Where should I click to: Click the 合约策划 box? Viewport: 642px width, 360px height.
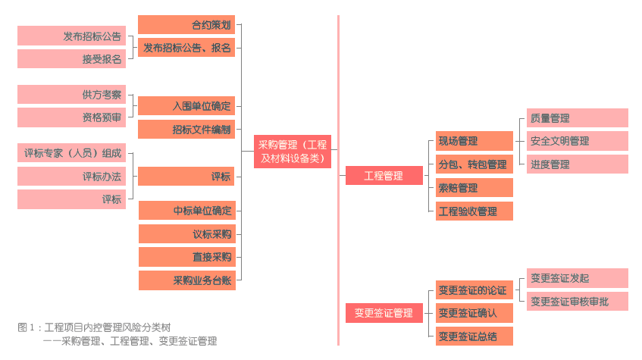pyautogui.click(x=186, y=25)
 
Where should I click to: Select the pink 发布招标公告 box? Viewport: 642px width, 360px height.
pyautogui.click(x=71, y=36)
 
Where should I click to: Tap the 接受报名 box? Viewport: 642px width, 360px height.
pyautogui.click(x=71, y=59)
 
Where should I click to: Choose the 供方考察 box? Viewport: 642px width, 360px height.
pyautogui.click(x=71, y=95)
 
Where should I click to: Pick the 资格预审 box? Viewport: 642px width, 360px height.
pyautogui.click(x=71, y=117)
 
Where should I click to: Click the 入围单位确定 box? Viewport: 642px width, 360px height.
pyautogui.click(x=186, y=106)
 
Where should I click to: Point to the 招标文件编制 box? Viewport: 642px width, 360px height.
pyautogui.click(x=186, y=129)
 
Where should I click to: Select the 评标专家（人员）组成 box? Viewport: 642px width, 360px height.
pyautogui.click(x=71, y=153)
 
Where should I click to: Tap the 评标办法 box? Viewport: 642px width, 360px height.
pyautogui.click(x=71, y=177)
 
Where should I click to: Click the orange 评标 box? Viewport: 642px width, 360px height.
pyautogui.click(x=186, y=177)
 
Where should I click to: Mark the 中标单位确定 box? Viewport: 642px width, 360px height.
pyautogui.click(x=187, y=211)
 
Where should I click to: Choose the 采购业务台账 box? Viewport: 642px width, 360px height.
pyautogui.click(x=187, y=280)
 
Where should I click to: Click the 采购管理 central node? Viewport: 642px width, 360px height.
pyautogui.click(x=292, y=152)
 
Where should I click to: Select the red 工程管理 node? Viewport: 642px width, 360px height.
pyautogui.click(x=384, y=176)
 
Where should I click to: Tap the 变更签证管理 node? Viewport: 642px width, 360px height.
pyautogui.click(x=384, y=313)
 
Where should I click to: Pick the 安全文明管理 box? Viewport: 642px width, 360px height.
pyautogui.click(x=577, y=141)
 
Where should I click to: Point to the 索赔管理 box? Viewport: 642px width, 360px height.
pyautogui.click(x=474, y=188)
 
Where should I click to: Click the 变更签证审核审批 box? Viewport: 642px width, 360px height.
pyautogui.click(x=577, y=301)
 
